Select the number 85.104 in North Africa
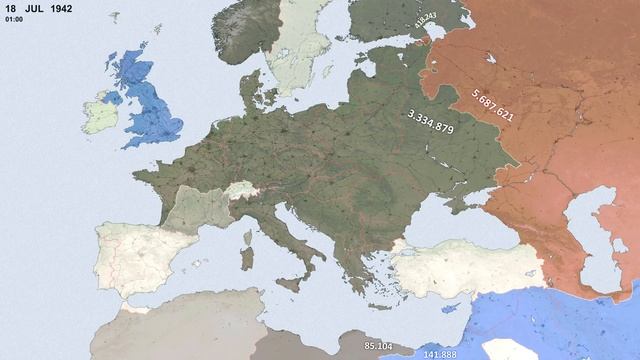click(378, 346)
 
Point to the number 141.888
click(439, 353)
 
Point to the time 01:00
click(13, 19)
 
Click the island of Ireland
click(102, 115)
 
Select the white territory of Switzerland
click(240, 189)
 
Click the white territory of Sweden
click(300, 50)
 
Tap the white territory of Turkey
click(470, 265)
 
